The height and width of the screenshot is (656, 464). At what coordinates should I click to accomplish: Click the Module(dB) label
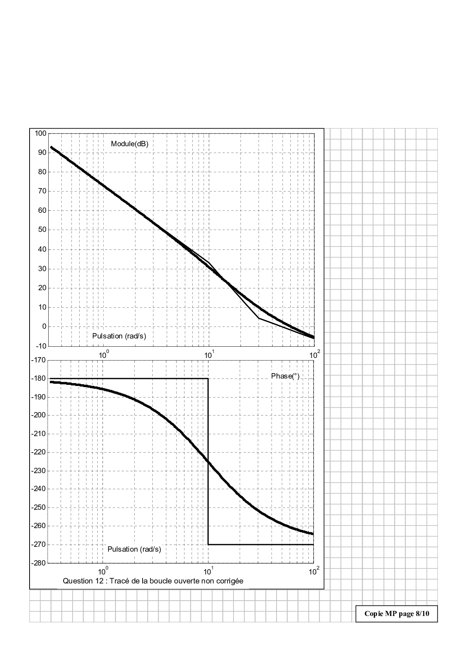(129, 144)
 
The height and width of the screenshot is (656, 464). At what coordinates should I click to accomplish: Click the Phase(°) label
(285, 376)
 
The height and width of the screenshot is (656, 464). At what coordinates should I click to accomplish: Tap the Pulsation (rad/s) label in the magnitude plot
(119, 336)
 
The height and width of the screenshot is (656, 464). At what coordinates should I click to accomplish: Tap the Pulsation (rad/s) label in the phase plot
(134, 549)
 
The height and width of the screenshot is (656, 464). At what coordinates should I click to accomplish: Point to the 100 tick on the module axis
(40, 134)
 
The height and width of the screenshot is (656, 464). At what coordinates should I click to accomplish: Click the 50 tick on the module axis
(42, 230)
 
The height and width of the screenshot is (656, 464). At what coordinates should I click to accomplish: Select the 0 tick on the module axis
(44, 327)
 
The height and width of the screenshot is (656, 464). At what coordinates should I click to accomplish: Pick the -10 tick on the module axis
(41, 346)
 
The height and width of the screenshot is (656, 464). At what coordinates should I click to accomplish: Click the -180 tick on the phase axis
(39, 378)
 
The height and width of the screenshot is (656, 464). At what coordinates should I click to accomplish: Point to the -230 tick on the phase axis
(39, 470)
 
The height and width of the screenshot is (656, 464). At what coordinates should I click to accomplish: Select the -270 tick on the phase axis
(39, 545)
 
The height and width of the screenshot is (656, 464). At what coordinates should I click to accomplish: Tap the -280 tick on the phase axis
(39, 563)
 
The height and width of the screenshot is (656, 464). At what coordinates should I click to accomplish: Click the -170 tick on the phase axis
(39, 360)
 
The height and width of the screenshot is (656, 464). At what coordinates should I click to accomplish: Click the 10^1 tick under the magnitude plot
(208, 354)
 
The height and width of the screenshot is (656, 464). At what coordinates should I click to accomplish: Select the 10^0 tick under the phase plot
(103, 571)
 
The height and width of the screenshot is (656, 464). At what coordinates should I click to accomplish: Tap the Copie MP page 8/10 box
(396, 614)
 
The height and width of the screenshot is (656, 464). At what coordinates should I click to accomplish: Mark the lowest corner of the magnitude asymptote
(259, 318)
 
